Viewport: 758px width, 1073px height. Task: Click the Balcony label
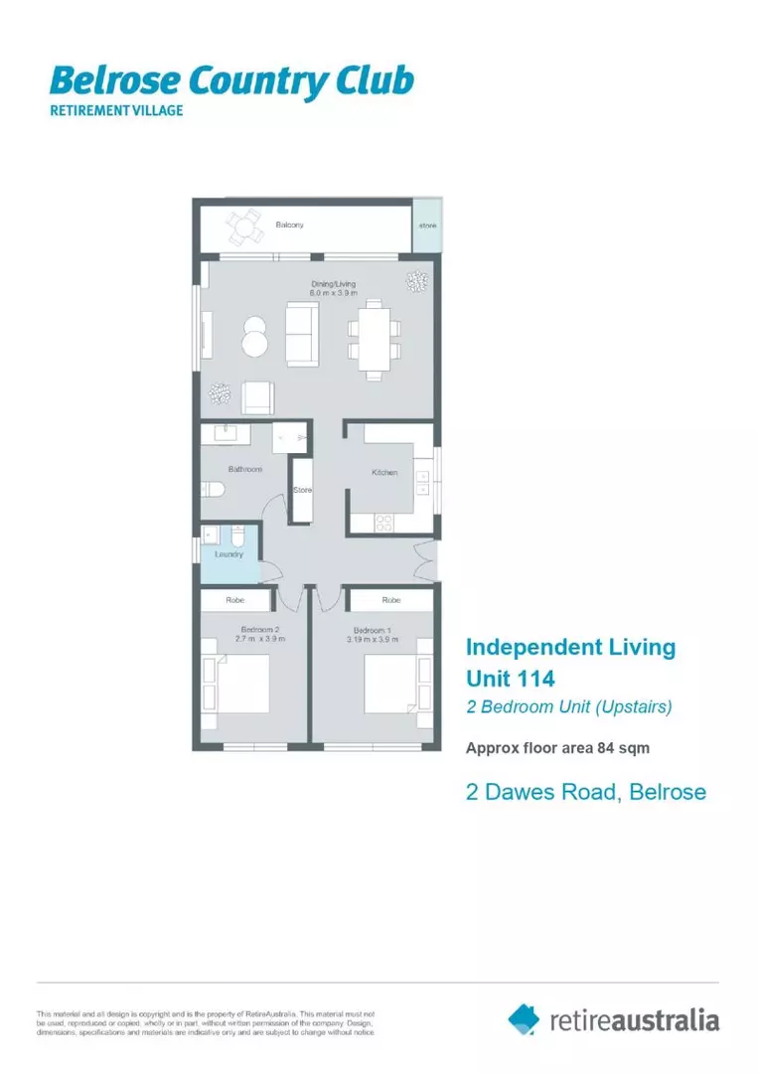pos(289,226)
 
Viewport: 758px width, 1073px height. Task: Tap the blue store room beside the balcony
pos(427,227)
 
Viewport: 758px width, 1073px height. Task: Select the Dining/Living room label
pos(326,288)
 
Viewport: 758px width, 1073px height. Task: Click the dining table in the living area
pos(374,339)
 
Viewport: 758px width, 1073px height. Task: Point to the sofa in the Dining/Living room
pos(302,334)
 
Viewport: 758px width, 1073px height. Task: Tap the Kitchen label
pos(384,473)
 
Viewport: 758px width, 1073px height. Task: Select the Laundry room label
pos(228,554)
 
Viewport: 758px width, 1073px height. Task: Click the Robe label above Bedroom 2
pos(235,600)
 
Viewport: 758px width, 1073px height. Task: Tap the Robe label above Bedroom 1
pos(391,600)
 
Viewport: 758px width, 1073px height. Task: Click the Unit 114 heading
pos(510,680)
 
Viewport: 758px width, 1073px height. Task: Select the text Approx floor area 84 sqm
pos(557,749)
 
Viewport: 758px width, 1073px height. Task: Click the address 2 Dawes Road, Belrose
pos(586,792)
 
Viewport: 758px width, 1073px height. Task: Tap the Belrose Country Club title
pos(231,80)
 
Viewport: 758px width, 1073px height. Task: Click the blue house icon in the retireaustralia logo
pos(524,1018)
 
